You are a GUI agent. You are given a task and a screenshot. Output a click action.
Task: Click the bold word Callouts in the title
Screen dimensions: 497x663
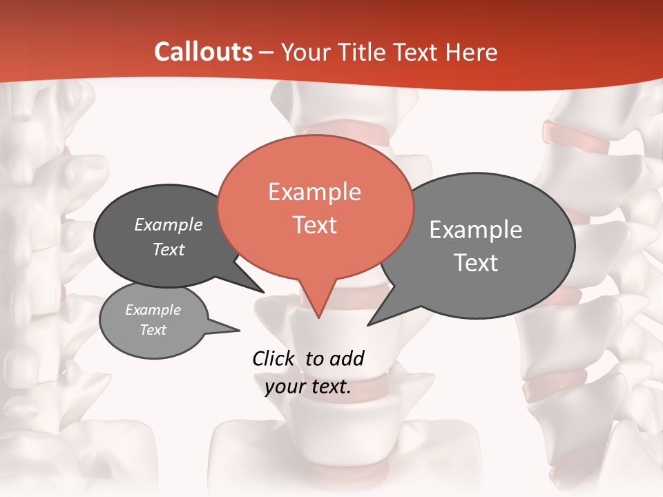(x=204, y=52)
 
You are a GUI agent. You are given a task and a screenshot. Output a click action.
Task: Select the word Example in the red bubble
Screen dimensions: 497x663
(x=314, y=192)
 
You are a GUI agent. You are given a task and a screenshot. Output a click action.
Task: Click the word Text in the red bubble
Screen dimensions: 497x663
(x=314, y=225)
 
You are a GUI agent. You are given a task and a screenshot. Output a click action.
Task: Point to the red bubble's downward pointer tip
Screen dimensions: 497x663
(x=318, y=318)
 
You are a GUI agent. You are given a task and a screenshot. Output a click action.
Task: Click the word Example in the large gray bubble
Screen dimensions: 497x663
(x=476, y=230)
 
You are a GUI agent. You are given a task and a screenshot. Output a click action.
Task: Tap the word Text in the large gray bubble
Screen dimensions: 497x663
(x=476, y=263)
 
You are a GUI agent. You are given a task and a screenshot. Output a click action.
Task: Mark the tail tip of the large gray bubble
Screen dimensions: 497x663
(x=368, y=324)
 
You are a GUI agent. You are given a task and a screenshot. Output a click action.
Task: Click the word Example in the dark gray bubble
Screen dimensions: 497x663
(x=169, y=225)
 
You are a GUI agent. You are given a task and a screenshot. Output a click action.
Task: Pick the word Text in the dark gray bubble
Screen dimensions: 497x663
(x=169, y=249)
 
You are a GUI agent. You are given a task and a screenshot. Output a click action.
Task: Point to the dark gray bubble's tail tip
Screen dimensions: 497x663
(x=264, y=292)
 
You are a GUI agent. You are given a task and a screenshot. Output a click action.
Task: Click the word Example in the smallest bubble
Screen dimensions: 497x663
(x=153, y=311)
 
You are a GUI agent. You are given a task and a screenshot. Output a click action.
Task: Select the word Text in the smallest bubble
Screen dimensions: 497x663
(x=153, y=330)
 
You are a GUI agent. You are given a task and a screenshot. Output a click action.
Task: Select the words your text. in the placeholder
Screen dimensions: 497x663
(x=308, y=387)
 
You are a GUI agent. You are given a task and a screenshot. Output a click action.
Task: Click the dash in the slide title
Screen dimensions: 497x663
(x=267, y=52)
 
